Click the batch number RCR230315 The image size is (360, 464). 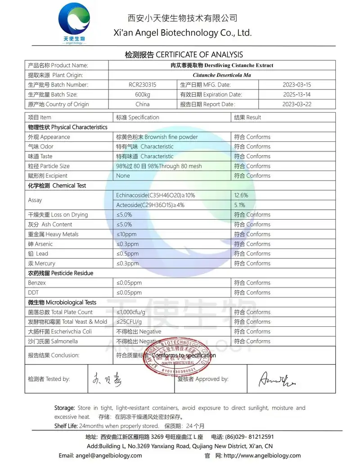[x=143, y=85]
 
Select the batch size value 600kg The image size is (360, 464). [x=143, y=95]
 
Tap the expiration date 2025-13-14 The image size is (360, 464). [x=297, y=95]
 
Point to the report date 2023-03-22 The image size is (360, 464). [x=297, y=104]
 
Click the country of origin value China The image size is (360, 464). [x=143, y=104]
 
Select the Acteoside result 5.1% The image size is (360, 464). [x=240, y=205]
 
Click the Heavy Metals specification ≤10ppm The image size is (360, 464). [x=126, y=234]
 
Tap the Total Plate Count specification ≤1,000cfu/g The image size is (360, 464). [x=131, y=312]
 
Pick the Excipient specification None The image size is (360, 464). [x=123, y=176]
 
